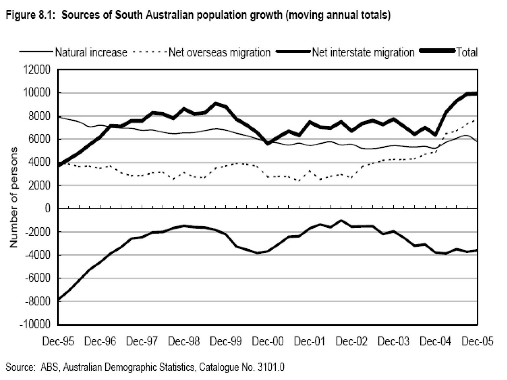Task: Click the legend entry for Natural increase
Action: point(91,52)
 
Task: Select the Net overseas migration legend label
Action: point(219,52)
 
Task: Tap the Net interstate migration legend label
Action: point(363,52)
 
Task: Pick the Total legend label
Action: point(466,52)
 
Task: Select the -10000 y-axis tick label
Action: point(35,325)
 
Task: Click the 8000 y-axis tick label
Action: point(39,116)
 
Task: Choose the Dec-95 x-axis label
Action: point(58,342)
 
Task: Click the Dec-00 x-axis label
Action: point(268,342)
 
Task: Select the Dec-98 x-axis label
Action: point(184,342)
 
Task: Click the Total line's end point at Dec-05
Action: point(477,94)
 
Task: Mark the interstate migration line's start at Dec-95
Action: point(59,299)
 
